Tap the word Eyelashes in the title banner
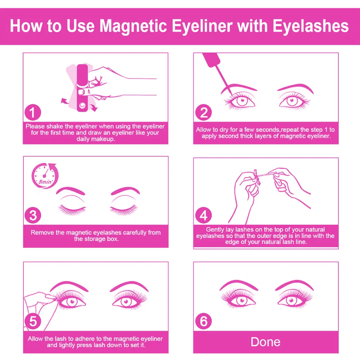tap(311, 26)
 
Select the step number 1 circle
tap(33, 112)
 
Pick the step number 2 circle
tap(203, 112)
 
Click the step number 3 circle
tap(33, 215)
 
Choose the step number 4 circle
tap(203, 215)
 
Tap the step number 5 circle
tap(33, 321)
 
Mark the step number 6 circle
tap(203, 321)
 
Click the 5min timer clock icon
tap(45, 176)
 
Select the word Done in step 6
tap(265, 342)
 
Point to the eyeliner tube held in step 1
tap(82, 88)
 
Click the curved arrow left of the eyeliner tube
tap(65, 101)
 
